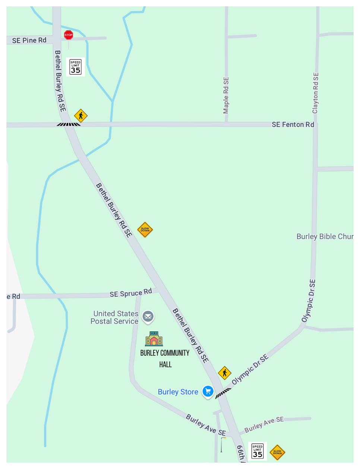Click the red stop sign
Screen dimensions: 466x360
click(x=69, y=35)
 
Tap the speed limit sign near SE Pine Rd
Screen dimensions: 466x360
click(x=76, y=67)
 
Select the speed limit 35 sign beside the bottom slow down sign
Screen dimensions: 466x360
click(x=258, y=451)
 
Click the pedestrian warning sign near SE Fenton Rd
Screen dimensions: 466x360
click(x=80, y=116)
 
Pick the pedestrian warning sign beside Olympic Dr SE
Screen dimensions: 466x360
click(x=224, y=372)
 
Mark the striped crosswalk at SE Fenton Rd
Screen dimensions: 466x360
click(x=69, y=124)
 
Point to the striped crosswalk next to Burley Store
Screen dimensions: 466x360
click(x=223, y=393)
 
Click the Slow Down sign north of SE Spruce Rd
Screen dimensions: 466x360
click(x=145, y=230)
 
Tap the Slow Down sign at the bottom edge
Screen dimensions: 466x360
click(x=277, y=452)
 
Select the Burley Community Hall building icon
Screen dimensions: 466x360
click(x=154, y=339)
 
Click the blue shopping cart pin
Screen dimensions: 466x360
click(x=208, y=391)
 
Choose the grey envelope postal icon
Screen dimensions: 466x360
click(x=148, y=317)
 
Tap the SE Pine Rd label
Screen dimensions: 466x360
click(x=29, y=40)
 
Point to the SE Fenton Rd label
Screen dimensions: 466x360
click(x=293, y=125)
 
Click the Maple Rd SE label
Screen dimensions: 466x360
click(x=226, y=95)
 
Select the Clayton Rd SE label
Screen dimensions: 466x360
click(x=316, y=93)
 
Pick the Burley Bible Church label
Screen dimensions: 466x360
click(x=325, y=236)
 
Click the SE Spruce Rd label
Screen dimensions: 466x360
click(x=131, y=293)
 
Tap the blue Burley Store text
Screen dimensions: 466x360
click(x=178, y=392)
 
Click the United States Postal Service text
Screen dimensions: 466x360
click(x=115, y=318)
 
